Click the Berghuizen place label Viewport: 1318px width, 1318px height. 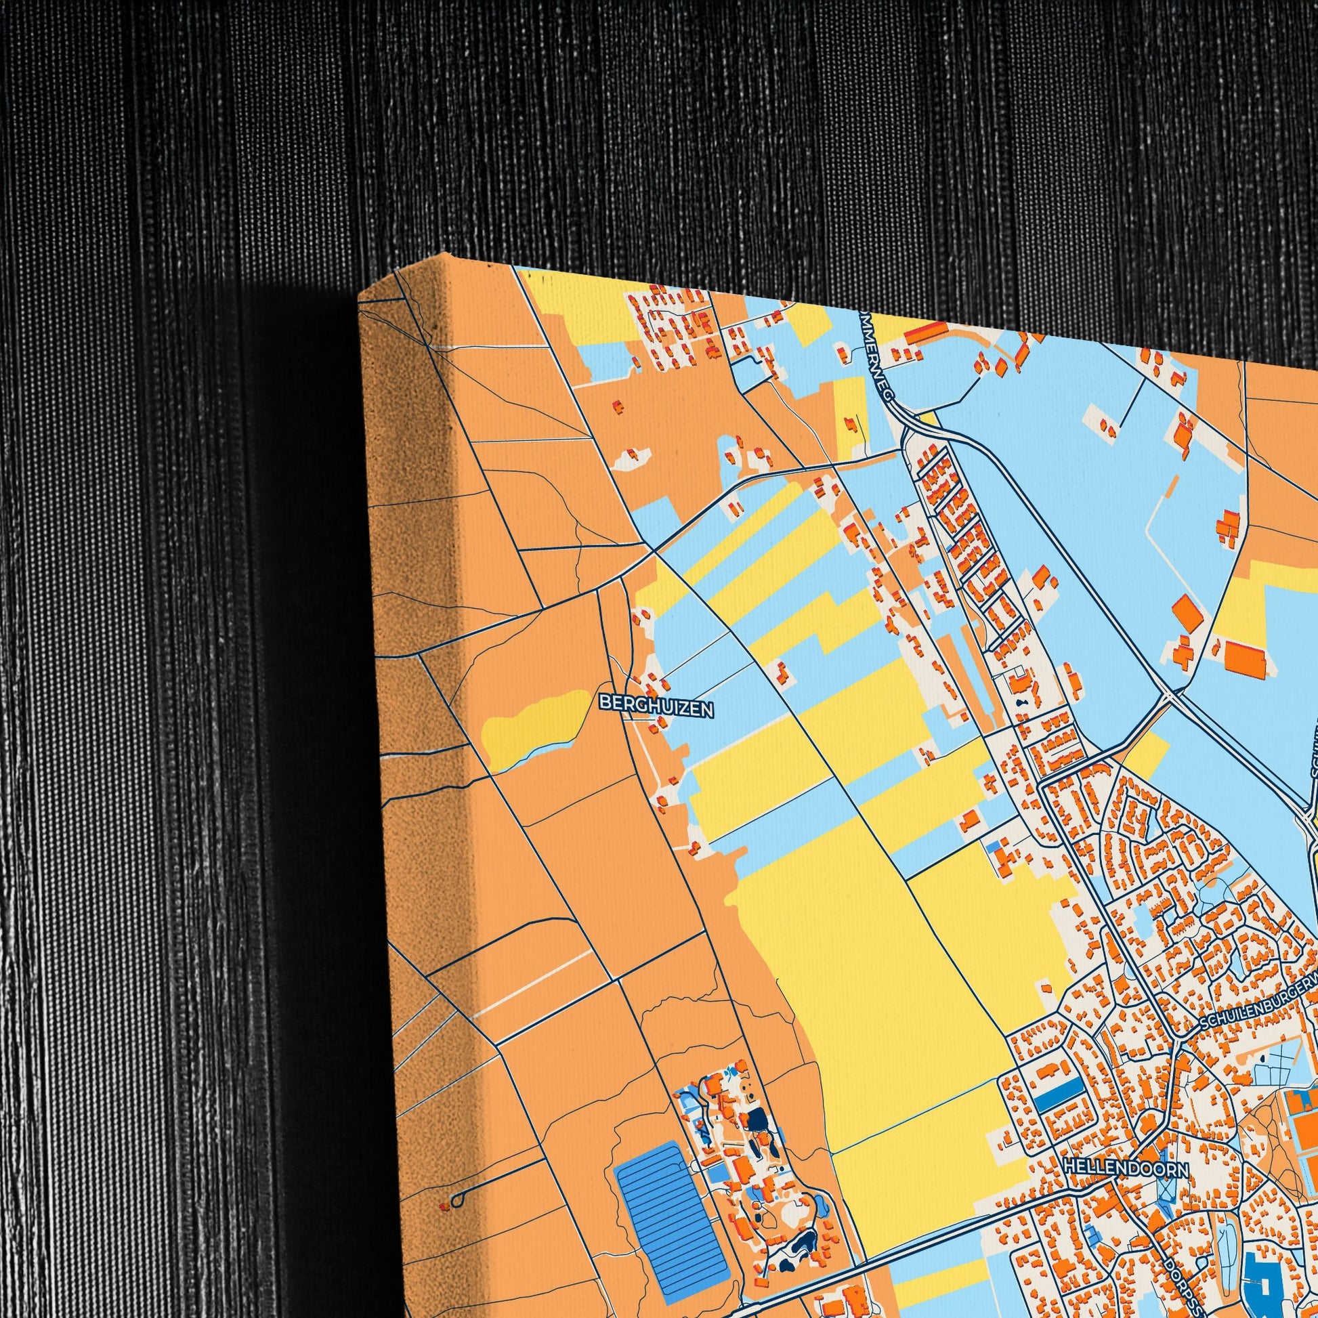(x=656, y=706)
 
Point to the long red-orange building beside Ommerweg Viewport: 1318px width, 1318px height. (x=925, y=332)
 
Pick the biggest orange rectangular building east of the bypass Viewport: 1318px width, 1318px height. (x=1245, y=658)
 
